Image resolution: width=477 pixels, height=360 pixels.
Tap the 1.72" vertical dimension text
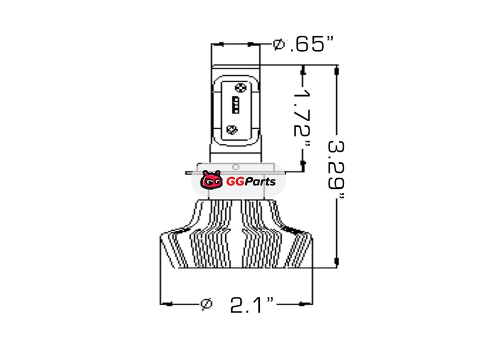(x=303, y=119)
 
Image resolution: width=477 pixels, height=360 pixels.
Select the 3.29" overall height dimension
(x=336, y=169)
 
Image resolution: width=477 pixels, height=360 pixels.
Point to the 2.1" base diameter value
(x=252, y=305)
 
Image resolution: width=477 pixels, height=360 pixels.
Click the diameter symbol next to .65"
(x=278, y=44)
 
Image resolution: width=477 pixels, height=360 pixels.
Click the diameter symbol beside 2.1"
(x=206, y=304)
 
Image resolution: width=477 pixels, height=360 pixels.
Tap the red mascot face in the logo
(x=212, y=180)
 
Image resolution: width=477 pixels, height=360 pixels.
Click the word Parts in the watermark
(x=260, y=182)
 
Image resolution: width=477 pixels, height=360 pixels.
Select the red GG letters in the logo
(x=235, y=182)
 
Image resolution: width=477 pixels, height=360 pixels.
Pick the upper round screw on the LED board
(x=241, y=88)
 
